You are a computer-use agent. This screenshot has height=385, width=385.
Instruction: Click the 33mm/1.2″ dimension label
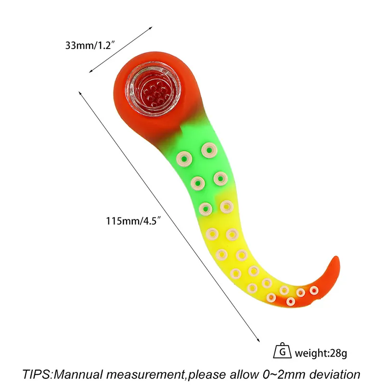click(x=90, y=45)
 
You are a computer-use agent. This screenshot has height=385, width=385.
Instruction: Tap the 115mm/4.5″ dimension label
click(x=133, y=221)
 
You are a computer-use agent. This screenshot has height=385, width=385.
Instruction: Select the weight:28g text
click(x=321, y=353)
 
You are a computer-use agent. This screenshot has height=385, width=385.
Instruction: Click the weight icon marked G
click(x=282, y=351)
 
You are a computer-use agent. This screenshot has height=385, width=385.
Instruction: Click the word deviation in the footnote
click(x=334, y=374)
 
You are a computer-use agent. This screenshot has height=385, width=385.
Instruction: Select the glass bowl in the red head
click(x=153, y=88)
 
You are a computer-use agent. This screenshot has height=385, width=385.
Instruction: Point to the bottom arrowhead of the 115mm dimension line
click(x=258, y=340)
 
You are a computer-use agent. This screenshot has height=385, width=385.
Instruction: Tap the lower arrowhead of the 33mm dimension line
click(x=91, y=71)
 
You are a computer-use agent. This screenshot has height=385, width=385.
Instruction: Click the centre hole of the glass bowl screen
click(x=156, y=93)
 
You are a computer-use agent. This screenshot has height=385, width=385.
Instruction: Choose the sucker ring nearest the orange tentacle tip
click(x=314, y=291)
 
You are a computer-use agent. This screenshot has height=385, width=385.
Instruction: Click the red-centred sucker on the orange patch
click(x=291, y=301)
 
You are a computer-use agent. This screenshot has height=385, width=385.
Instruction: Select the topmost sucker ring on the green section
click(x=209, y=150)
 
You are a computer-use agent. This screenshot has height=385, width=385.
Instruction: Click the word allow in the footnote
click(x=244, y=374)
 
